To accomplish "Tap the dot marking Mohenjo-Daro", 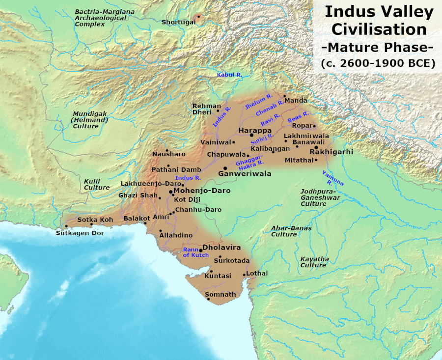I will pos(170,191).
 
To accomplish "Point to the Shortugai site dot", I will pos(198,17).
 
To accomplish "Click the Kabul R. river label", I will pos(230,75).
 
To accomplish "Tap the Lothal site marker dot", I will pos(244,275).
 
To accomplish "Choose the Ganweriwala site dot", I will pos(225,168).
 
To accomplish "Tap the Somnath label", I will pos(220,295).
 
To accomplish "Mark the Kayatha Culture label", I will pos(314,262).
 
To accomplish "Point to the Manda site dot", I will pos(284,96).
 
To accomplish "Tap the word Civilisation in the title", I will pos(379,29).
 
